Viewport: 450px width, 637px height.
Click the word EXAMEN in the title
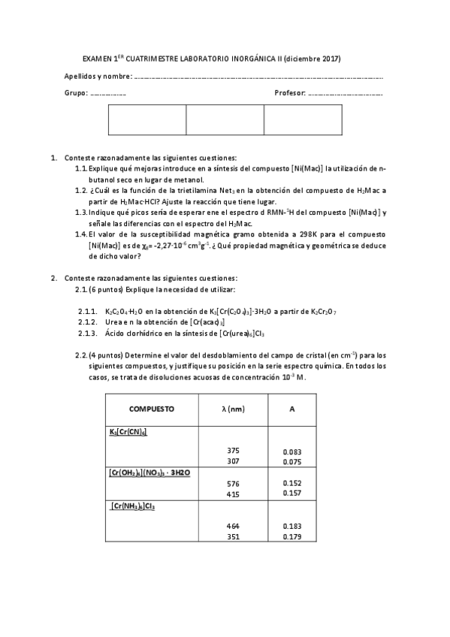tap(96, 59)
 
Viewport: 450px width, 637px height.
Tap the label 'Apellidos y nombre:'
tap(98, 77)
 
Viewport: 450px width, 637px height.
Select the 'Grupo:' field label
tap(76, 94)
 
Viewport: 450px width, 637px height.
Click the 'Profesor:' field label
tap(290, 94)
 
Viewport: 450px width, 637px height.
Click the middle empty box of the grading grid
tap(225, 120)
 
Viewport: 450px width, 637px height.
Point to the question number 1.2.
tap(82, 191)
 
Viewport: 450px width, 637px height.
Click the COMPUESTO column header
tap(152, 409)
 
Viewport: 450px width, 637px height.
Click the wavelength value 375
tap(233, 451)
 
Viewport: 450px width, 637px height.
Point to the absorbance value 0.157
tap(292, 494)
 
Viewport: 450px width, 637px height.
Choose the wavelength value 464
tap(233, 527)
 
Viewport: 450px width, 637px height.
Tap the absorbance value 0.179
tap(292, 537)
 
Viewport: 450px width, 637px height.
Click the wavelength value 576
tap(233, 483)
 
